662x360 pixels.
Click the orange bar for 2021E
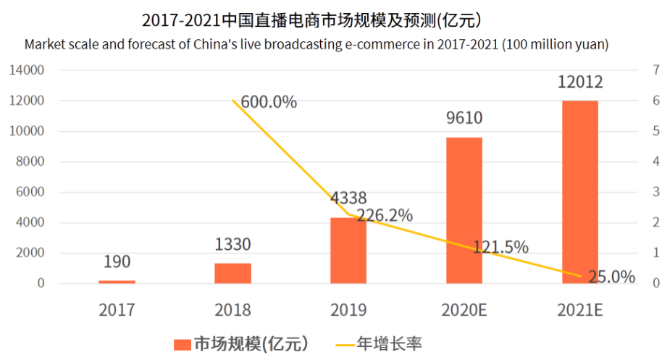click(580, 192)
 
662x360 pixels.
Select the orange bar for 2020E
click(464, 210)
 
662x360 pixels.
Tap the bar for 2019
click(348, 250)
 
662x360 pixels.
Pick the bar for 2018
click(232, 273)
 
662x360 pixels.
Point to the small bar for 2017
click(117, 282)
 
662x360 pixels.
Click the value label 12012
click(580, 83)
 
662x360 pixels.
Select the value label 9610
click(464, 118)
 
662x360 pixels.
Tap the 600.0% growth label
click(269, 102)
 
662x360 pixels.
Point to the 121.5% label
click(500, 247)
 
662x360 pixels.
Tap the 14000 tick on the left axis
click(27, 70)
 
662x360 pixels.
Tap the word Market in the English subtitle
click(44, 44)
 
